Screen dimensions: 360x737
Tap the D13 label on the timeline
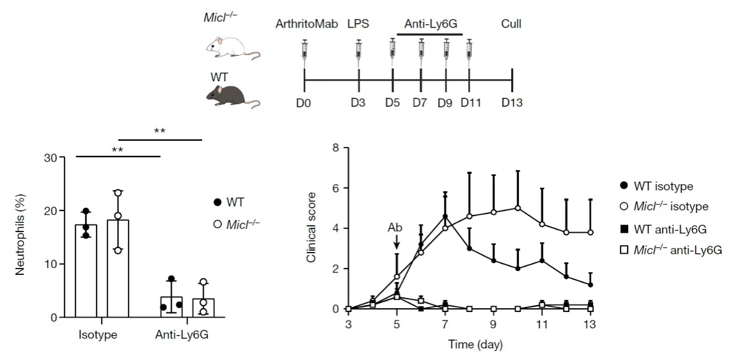(x=512, y=102)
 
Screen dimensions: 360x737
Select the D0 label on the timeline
(x=304, y=102)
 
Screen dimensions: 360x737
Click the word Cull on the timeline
(x=511, y=25)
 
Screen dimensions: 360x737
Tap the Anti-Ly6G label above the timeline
(x=433, y=25)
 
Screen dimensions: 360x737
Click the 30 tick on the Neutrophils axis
(x=58, y=158)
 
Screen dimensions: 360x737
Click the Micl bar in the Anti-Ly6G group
(x=203, y=307)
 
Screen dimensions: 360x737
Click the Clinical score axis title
(x=312, y=228)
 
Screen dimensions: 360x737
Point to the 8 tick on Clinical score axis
(x=335, y=148)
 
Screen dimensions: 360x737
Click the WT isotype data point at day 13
(x=590, y=285)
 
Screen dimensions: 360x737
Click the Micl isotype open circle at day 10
(x=518, y=208)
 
